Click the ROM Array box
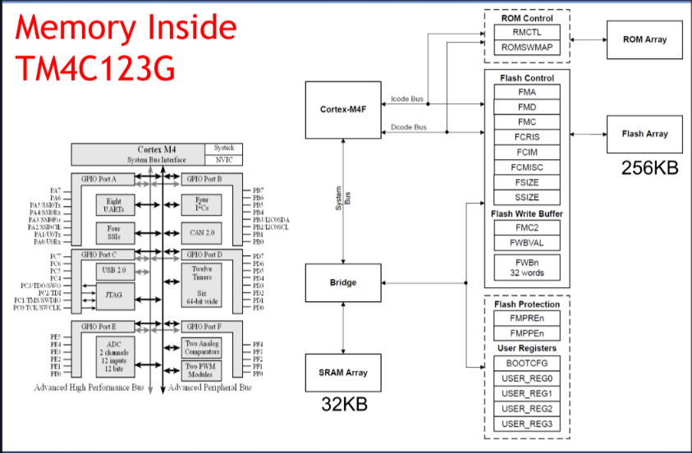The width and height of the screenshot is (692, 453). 644,39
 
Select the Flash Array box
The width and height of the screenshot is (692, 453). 644,134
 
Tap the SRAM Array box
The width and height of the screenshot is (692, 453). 343,373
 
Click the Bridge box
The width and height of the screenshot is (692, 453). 343,282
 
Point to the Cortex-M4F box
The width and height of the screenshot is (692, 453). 343,110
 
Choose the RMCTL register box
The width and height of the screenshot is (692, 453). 527,33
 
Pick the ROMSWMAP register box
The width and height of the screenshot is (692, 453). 527,48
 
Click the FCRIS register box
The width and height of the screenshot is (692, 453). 527,137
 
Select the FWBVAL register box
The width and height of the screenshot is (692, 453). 527,242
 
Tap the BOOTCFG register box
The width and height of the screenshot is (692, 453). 527,363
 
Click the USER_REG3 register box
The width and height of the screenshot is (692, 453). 527,423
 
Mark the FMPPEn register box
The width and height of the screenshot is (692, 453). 527,334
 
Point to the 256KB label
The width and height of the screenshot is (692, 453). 649,168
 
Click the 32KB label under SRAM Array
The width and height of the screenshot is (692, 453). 342,405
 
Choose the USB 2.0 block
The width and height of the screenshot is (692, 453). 114,269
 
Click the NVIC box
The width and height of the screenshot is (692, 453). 223,160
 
